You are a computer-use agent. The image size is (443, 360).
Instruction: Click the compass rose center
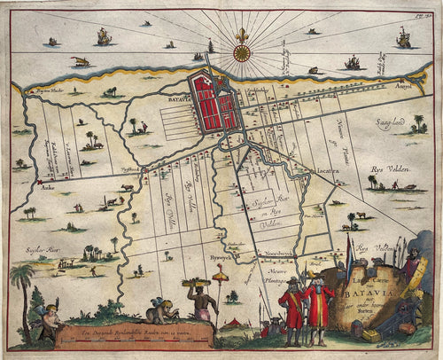240,52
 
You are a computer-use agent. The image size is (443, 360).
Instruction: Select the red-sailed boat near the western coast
80,62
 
